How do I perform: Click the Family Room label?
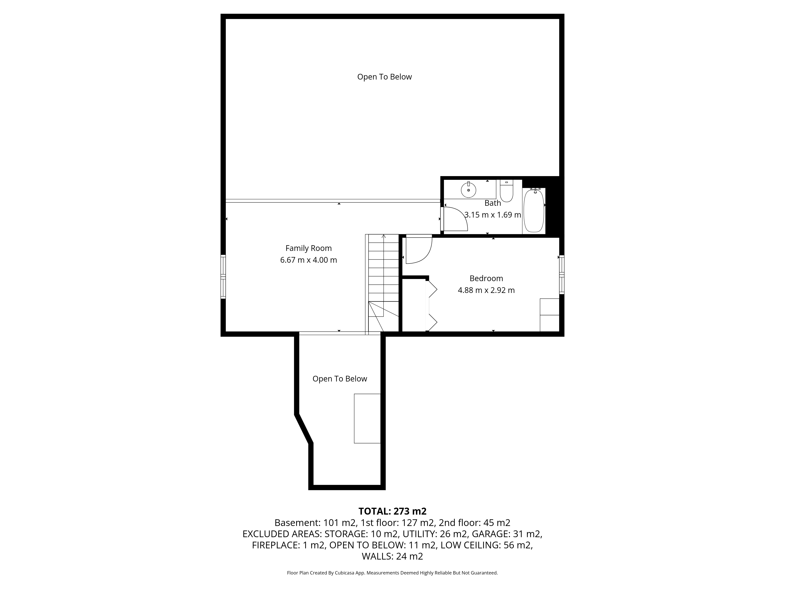[308, 248]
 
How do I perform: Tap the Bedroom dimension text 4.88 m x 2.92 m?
[486, 290]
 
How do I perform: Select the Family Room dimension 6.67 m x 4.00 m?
[308, 260]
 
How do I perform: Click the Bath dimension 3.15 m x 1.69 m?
[493, 215]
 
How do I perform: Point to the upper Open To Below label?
[384, 77]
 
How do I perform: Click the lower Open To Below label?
[340, 379]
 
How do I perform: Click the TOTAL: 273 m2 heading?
[392, 511]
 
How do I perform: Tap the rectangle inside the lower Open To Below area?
[367, 418]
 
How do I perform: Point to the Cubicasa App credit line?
[392, 573]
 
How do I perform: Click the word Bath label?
[493, 203]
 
